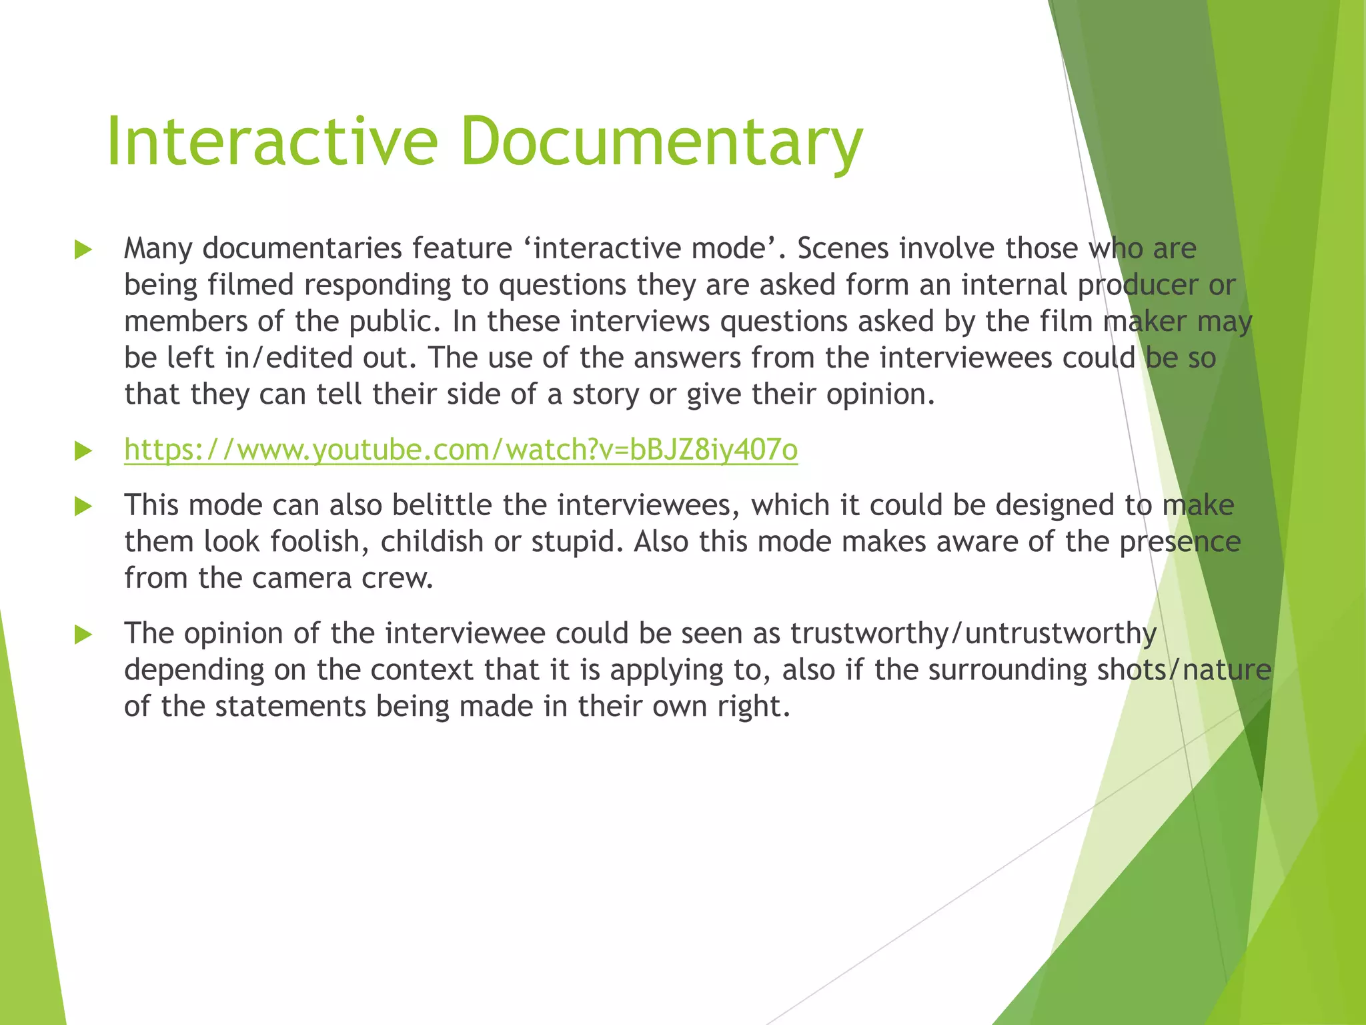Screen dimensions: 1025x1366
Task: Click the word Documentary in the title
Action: point(661,141)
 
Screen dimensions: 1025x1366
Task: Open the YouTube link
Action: point(461,450)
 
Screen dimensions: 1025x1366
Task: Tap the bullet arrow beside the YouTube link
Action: point(83,451)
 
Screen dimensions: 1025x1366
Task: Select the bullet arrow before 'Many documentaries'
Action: point(83,250)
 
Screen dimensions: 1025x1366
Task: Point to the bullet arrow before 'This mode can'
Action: point(83,506)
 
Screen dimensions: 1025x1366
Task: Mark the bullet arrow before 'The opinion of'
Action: point(83,635)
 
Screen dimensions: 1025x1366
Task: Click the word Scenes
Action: point(843,249)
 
